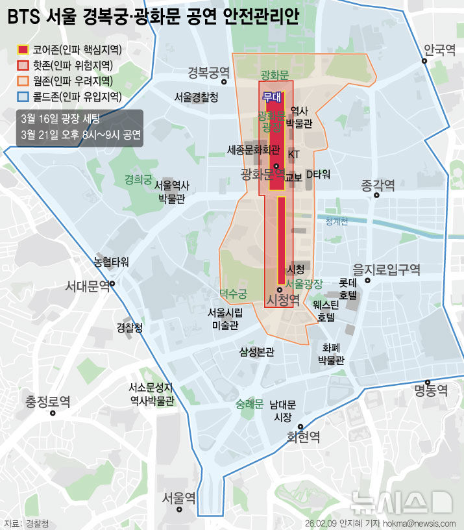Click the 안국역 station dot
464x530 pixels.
click(424, 62)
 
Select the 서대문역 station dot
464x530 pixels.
click(112, 284)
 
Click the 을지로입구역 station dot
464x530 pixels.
click(367, 281)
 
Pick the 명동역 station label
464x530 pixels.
click(432, 390)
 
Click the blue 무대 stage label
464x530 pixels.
click(271, 96)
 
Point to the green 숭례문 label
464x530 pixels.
click(249, 405)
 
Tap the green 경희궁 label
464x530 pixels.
click(138, 179)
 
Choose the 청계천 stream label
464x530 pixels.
click(337, 221)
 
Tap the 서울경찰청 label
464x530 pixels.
click(196, 97)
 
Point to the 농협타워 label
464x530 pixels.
click(111, 262)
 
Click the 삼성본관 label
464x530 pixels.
click(257, 352)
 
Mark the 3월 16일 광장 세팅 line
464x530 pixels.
click(60, 118)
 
